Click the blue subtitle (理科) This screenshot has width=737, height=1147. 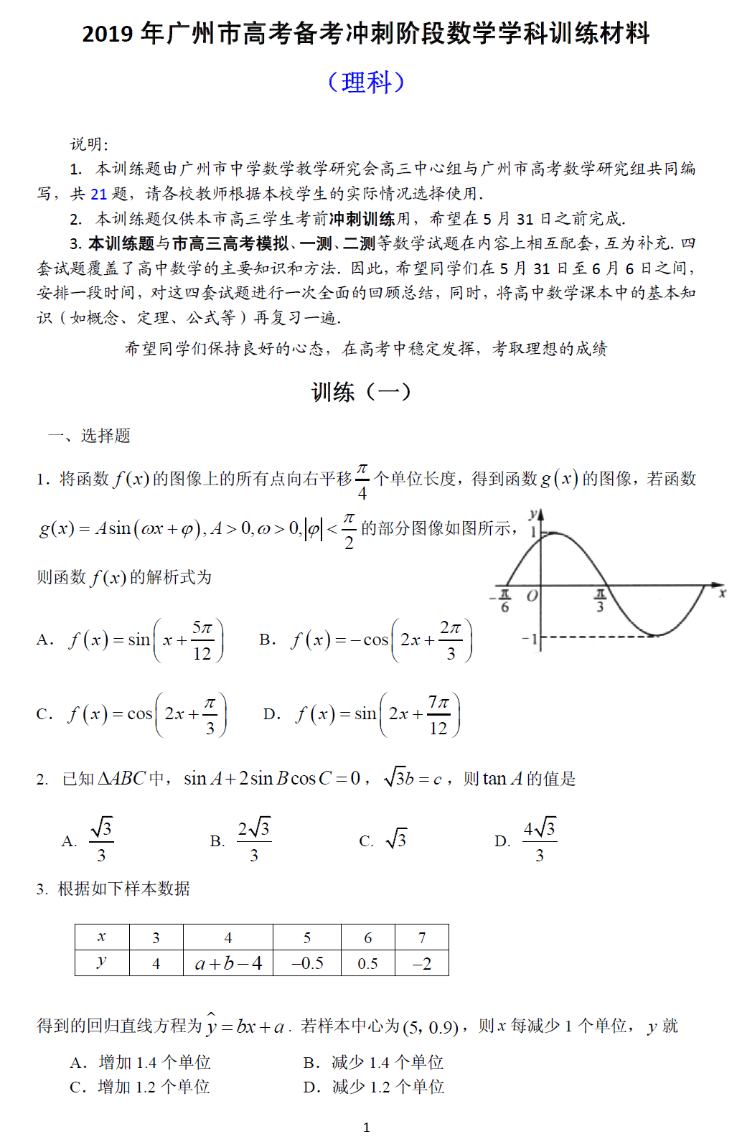(366, 82)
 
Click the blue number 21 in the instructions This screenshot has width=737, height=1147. (98, 194)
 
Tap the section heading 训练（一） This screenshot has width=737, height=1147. (361, 392)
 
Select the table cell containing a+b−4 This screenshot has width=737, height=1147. (228, 963)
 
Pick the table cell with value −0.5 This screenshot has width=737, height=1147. (307, 963)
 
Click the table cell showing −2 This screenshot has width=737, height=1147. (422, 963)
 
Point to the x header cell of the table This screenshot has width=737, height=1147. (102, 937)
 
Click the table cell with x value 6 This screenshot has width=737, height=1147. (368, 937)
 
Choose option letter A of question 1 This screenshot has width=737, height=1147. (44, 640)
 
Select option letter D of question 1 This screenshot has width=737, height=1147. (271, 714)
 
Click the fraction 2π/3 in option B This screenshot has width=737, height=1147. (451, 640)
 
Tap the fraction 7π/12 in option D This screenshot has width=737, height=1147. (438, 715)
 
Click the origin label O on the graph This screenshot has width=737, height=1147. (532, 596)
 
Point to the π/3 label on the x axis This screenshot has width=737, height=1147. (600, 600)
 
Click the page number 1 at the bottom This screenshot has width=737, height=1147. (367, 1128)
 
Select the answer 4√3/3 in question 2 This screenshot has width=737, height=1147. (539, 840)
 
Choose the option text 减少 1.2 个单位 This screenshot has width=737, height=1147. (388, 1087)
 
